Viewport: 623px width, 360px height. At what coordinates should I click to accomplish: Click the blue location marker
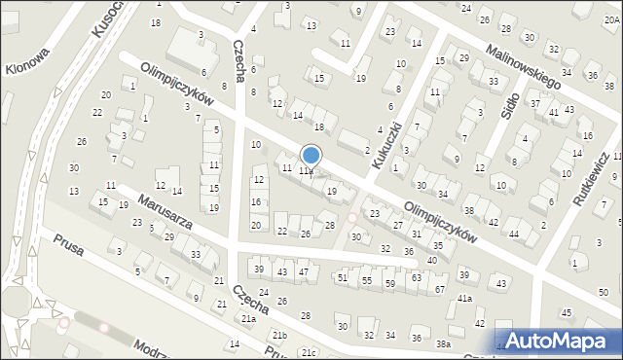tap(311, 155)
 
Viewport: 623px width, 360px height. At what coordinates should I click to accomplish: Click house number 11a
tap(306, 171)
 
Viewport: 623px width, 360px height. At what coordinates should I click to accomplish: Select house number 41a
tap(465, 299)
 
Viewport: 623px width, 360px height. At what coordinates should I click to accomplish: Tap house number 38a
tap(444, 344)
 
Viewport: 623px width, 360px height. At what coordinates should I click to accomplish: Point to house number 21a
tap(249, 319)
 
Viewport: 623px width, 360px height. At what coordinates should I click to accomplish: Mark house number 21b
tap(280, 335)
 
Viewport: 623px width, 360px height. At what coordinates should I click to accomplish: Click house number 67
tap(440, 290)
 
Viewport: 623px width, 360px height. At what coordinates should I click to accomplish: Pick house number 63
tap(416, 277)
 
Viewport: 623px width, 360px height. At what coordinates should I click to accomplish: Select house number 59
tap(390, 283)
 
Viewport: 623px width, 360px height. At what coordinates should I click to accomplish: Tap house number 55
tap(366, 280)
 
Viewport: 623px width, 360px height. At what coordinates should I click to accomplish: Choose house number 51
tap(342, 277)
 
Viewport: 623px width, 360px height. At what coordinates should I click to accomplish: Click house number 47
tap(304, 270)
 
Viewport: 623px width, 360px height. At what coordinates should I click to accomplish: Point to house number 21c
tap(310, 352)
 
